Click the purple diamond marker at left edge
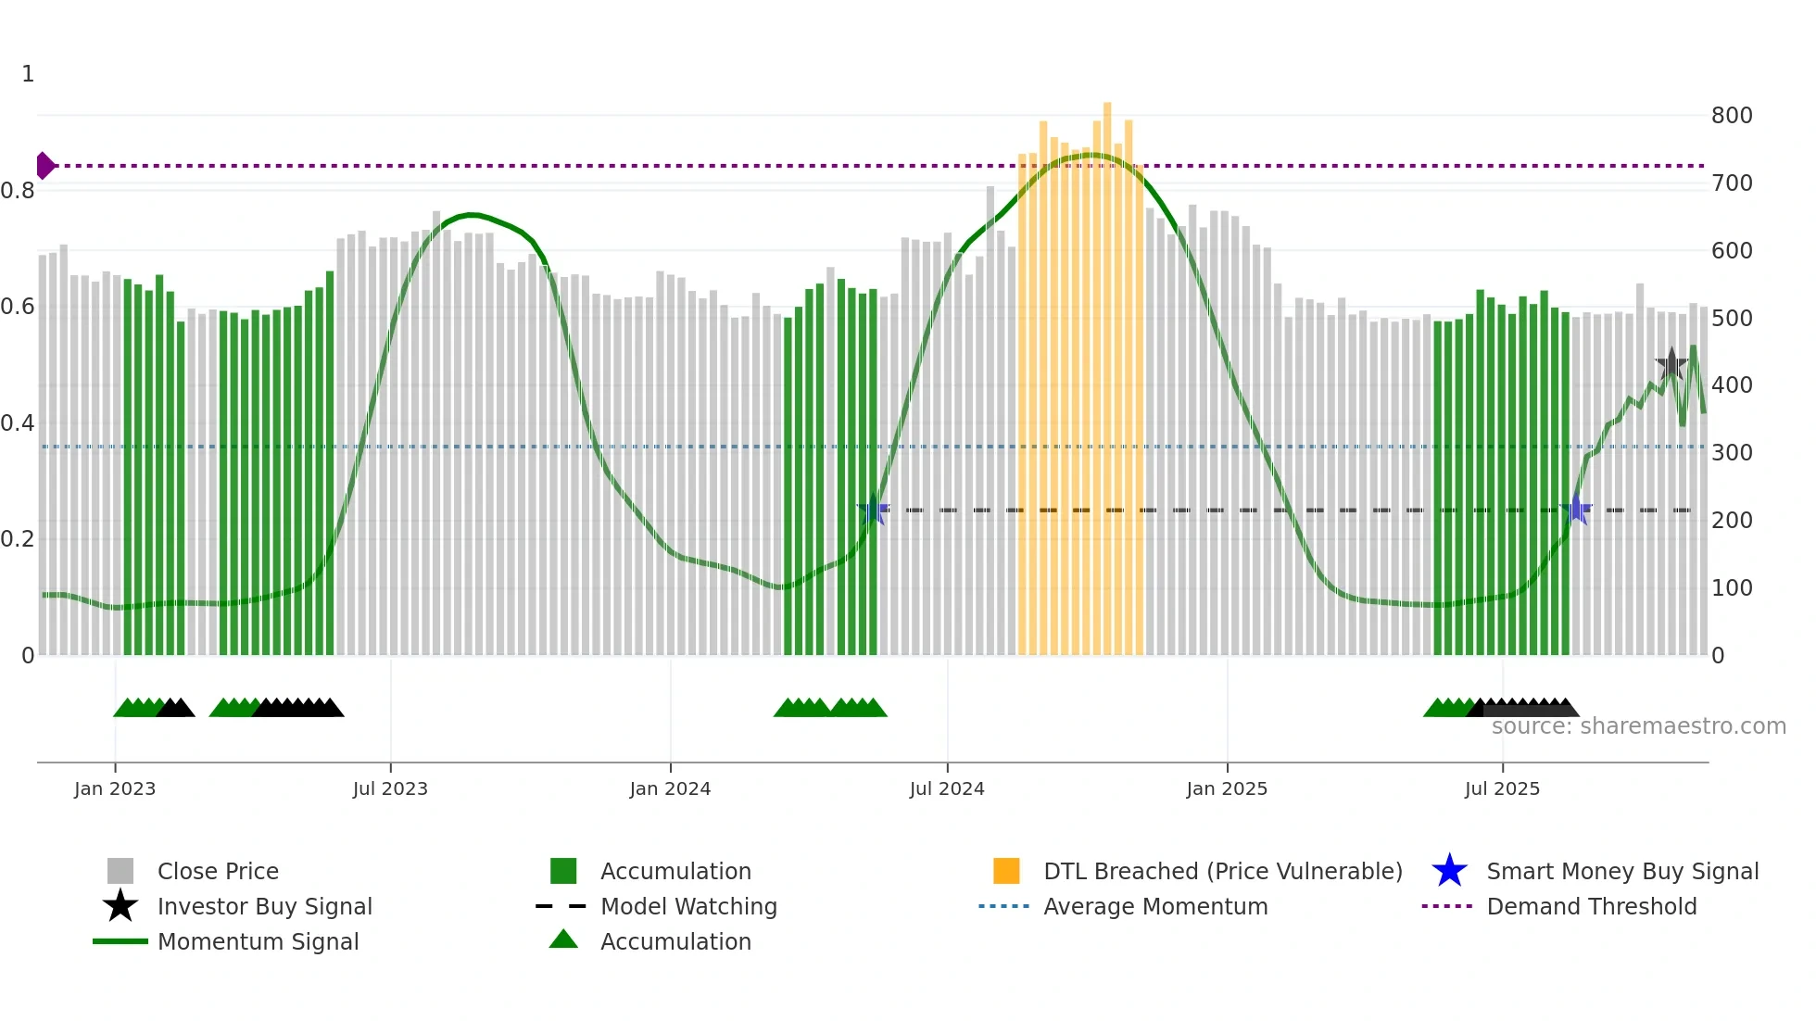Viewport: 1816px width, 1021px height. [x=44, y=166]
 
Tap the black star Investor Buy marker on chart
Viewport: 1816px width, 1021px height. [x=1671, y=365]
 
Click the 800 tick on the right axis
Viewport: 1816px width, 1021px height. [x=1732, y=116]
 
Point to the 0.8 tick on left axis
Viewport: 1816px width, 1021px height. [x=18, y=191]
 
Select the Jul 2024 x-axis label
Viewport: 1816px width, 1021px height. [x=947, y=789]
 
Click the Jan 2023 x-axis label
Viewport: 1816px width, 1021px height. [x=115, y=789]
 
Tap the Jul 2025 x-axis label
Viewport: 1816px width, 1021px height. [x=1502, y=789]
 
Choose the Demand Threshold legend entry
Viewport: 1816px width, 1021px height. [x=1591, y=907]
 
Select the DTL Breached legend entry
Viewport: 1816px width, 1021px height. [x=1222, y=872]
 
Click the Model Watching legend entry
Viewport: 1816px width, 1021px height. [x=688, y=907]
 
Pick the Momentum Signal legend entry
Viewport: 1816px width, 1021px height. [x=258, y=942]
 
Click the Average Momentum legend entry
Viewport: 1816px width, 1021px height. [x=1155, y=907]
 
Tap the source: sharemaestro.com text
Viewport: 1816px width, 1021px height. [x=1638, y=726]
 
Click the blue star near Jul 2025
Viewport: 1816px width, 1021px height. [x=1576, y=510]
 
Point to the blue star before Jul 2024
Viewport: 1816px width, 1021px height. [x=873, y=510]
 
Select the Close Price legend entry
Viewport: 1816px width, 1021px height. [x=218, y=872]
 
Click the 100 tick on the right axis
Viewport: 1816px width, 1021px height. [x=1732, y=588]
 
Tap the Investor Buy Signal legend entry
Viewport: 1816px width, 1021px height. [x=264, y=907]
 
